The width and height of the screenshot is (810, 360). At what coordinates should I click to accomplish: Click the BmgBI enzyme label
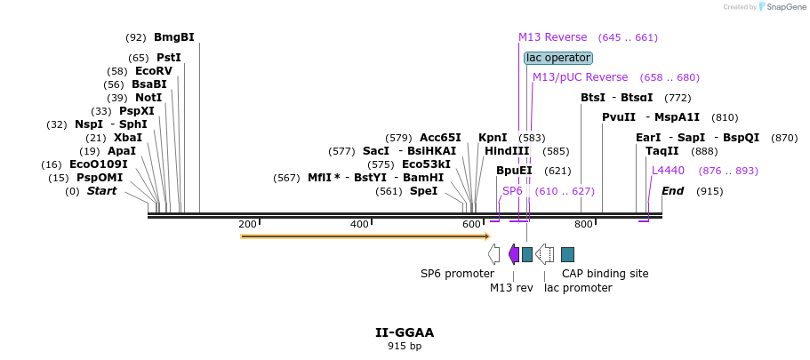coord(173,37)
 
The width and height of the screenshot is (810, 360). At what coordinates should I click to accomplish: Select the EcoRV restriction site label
coord(153,71)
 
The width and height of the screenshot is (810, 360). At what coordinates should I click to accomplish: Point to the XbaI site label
coord(127,138)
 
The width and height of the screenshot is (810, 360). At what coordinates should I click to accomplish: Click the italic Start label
coord(101,191)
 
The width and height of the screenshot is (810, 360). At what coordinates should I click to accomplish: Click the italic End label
coord(673,191)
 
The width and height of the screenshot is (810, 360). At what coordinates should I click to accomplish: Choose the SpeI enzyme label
coord(423,191)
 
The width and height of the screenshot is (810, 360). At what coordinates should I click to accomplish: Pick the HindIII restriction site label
coord(507,151)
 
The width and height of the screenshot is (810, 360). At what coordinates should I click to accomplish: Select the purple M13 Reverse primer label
coord(552,37)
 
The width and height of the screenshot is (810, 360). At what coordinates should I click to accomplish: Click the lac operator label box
coord(557,58)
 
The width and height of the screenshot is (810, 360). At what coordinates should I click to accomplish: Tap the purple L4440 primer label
coord(668,171)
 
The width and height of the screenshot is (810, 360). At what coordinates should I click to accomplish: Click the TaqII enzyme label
coord(662,151)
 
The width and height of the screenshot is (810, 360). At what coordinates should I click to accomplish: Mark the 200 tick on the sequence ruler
coord(247,224)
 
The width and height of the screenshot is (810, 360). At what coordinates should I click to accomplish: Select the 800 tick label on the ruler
coord(583,224)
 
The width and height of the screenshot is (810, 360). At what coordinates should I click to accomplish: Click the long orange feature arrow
coord(365,236)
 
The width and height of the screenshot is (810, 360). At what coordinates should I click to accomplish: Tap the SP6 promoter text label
coord(457,274)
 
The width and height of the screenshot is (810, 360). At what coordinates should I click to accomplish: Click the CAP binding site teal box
coord(567,254)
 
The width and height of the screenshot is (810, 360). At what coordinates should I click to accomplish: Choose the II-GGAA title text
coord(405,332)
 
